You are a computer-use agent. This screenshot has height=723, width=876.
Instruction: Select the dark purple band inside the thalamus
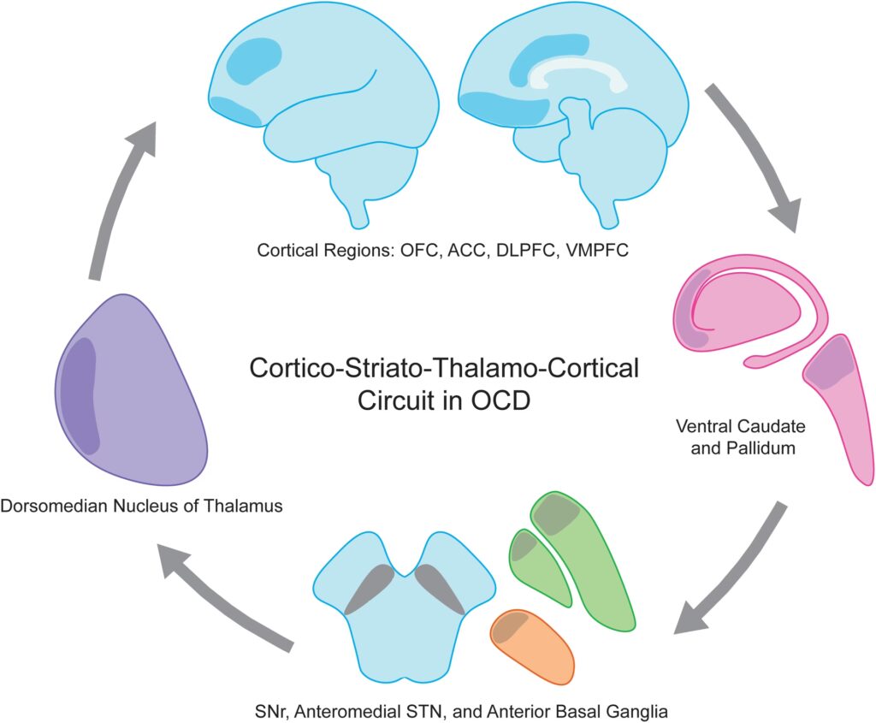[83, 394]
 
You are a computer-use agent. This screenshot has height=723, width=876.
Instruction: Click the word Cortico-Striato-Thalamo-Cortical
[444, 370]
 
